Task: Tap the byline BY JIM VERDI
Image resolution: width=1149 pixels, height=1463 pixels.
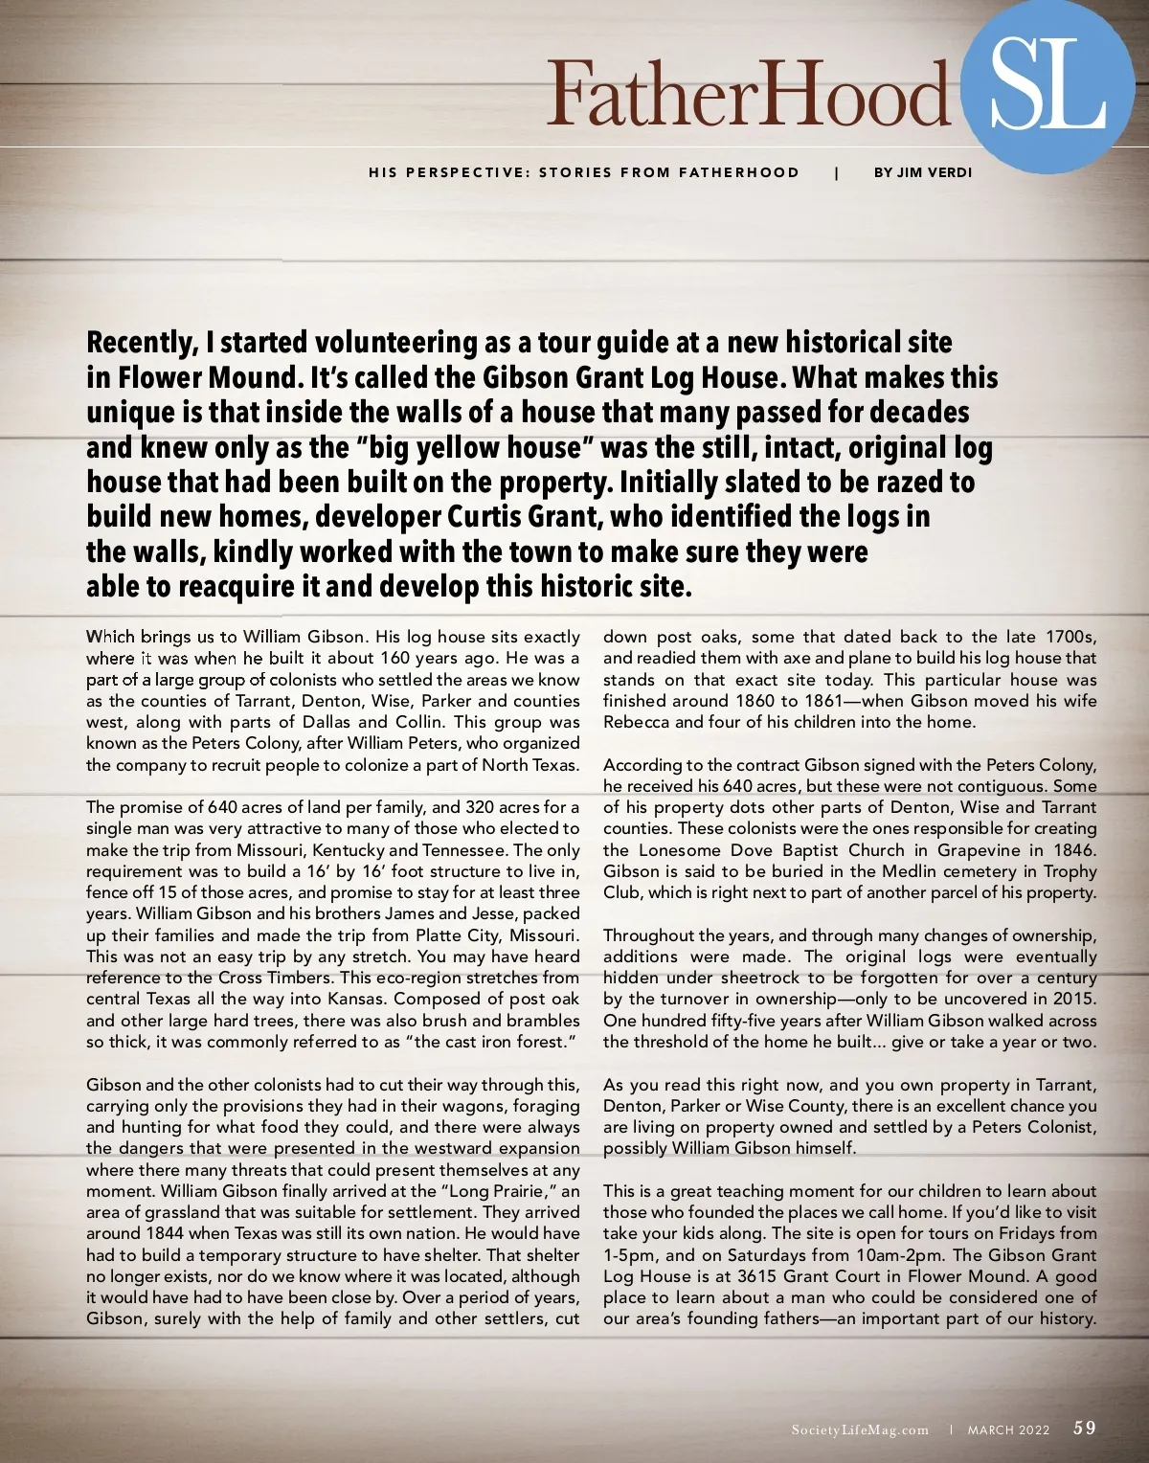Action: pos(923,172)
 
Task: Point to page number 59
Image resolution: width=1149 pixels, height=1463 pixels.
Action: pos(1085,1428)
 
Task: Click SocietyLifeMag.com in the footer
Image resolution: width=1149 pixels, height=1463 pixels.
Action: pos(860,1429)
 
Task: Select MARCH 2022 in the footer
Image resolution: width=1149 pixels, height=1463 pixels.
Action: pos(1008,1429)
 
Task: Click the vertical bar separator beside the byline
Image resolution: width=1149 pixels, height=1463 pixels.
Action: pos(837,172)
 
